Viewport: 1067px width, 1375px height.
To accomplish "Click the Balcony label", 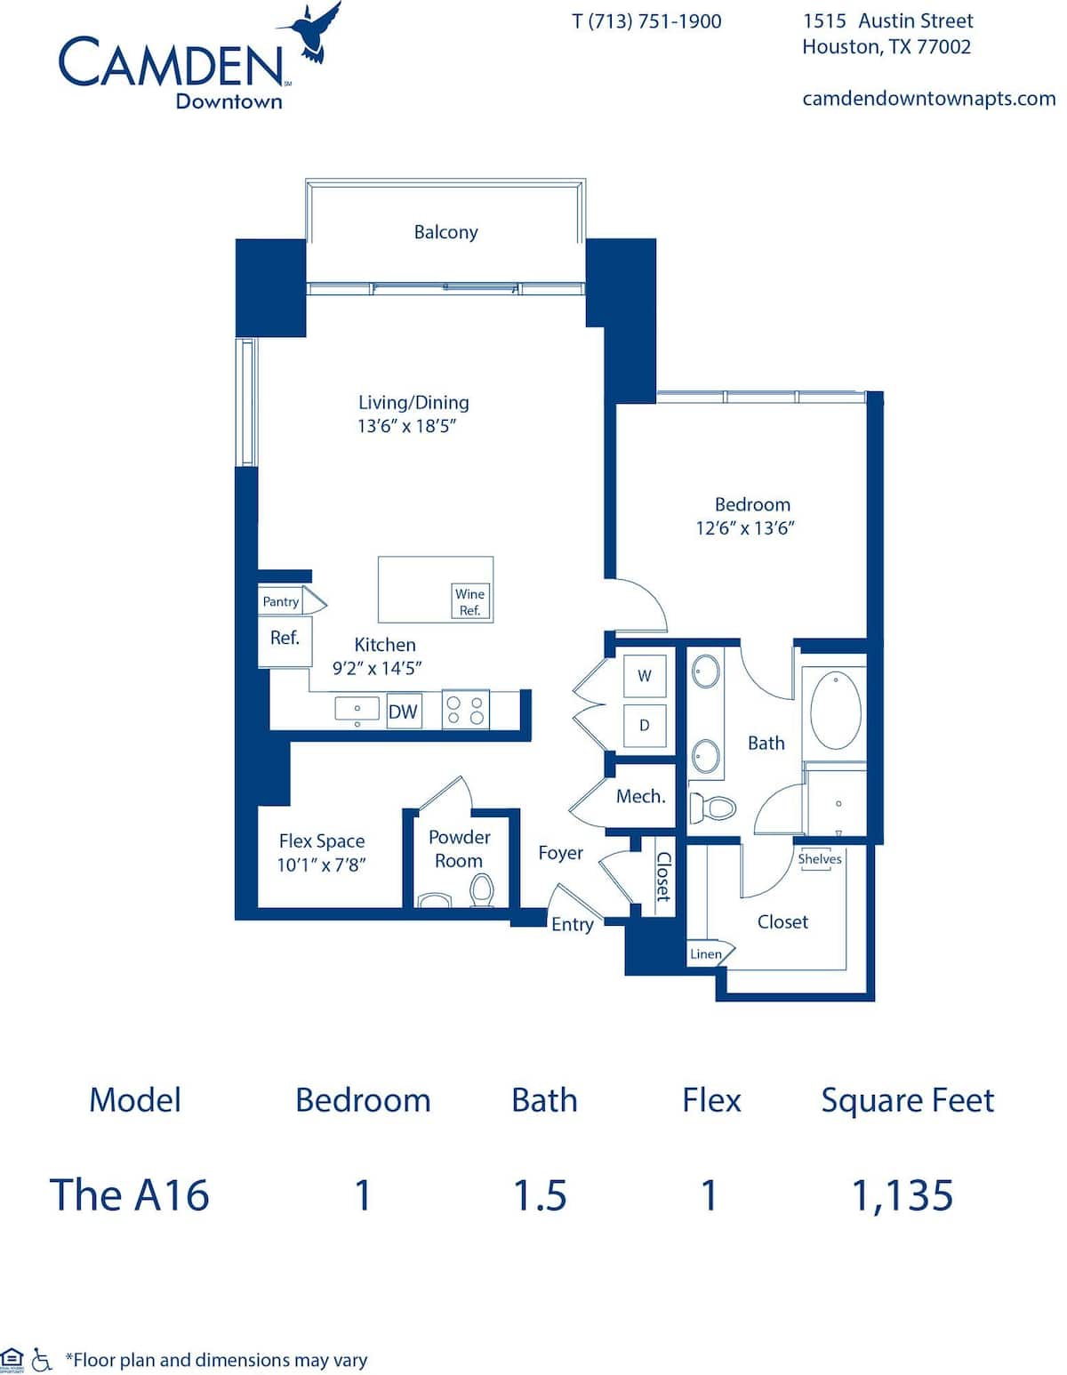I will [x=445, y=232].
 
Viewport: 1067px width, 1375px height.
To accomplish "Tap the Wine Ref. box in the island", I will [x=469, y=602].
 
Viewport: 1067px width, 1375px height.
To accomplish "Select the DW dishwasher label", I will [x=403, y=712].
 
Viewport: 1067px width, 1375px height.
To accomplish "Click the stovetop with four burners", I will [x=466, y=710].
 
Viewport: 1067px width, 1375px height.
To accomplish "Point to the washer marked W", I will [x=645, y=676].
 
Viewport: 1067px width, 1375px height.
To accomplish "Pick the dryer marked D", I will [x=645, y=726].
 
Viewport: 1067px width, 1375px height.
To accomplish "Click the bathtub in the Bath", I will [x=836, y=711].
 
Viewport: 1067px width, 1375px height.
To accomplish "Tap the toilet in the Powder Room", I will [x=482, y=889].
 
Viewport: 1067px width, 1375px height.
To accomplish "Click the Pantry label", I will [x=280, y=602].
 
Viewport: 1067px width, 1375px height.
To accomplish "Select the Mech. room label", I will [x=640, y=797].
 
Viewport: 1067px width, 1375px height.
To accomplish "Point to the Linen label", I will [x=706, y=954].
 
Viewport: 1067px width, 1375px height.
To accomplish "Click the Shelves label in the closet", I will [x=819, y=859].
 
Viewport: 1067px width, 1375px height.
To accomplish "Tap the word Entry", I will [x=572, y=925].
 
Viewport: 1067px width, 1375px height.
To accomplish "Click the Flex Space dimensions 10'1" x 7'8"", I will [x=321, y=864].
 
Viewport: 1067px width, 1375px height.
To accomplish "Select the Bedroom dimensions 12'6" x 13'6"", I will [x=744, y=528].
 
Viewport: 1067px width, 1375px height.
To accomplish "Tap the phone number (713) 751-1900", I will [x=656, y=21].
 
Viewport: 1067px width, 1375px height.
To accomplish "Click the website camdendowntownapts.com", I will [x=928, y=99].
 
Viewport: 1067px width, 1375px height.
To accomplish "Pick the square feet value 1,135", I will [x=903, y=1195].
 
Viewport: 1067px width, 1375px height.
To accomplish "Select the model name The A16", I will [x=130, y=1195].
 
